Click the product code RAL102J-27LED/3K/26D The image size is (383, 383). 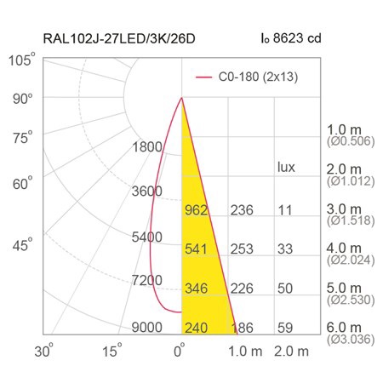[119, 38]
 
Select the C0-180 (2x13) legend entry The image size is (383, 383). [247, 77]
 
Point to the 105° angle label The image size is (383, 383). [22, 60]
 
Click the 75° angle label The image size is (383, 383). [22, 138]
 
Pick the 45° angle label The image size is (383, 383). [22, 244]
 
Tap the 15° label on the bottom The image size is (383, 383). [111, 351]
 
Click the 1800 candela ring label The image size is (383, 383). [147, 147]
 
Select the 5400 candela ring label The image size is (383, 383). [147, 237]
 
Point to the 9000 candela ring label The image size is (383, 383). [147, 328]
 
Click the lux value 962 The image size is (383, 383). [196, 210]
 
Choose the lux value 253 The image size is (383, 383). [242, 249]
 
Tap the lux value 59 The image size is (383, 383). [285, 328]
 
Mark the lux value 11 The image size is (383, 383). [285, 210]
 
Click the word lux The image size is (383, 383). [286, 167]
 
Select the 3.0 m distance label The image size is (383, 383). [344, 209]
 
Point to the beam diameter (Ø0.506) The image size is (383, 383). [351, 141]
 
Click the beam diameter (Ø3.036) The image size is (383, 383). [351, 340]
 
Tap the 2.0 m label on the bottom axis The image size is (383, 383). [291, 352]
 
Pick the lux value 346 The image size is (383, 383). [196, 289]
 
